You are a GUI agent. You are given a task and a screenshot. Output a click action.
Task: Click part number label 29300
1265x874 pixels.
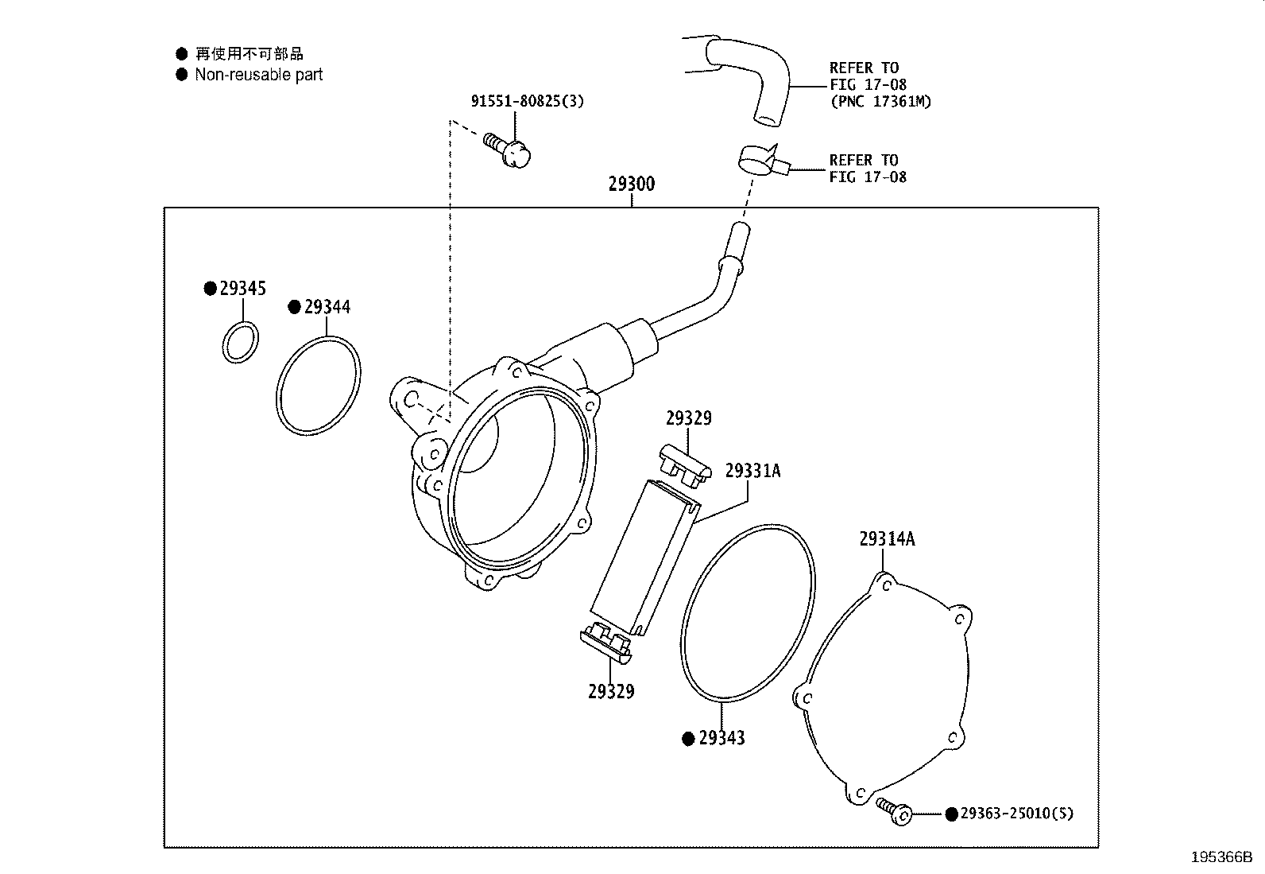coord(632,185)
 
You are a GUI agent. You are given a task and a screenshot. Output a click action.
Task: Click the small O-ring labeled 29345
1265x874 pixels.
coord(240,342)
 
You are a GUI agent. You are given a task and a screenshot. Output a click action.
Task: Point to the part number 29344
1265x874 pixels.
coord(327,307)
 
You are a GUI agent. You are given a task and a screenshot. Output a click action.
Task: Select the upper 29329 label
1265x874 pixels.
coord(688,418)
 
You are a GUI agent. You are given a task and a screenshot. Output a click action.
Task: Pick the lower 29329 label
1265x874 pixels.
coord(611,692)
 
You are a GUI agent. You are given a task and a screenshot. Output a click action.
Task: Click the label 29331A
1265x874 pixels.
coord(752,471)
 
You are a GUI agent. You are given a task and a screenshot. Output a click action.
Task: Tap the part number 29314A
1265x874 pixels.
coord(887,539)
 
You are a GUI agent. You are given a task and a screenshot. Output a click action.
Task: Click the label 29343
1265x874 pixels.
coord(721,738)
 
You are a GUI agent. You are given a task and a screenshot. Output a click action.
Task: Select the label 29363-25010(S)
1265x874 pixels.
coord(1016,814)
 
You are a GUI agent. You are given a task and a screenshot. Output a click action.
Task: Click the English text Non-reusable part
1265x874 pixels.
coord(259,75)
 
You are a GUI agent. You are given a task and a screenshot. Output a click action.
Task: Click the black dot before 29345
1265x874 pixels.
coord(210,289)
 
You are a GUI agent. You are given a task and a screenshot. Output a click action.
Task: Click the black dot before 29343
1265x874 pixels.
coord(689,739)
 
